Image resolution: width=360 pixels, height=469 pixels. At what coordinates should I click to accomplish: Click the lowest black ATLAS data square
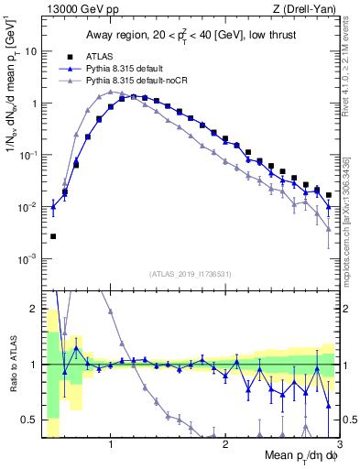pyautogui.click(x=53, y=236)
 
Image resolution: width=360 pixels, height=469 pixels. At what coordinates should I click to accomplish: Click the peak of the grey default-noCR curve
pyautogui.click(x=111, y=92)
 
